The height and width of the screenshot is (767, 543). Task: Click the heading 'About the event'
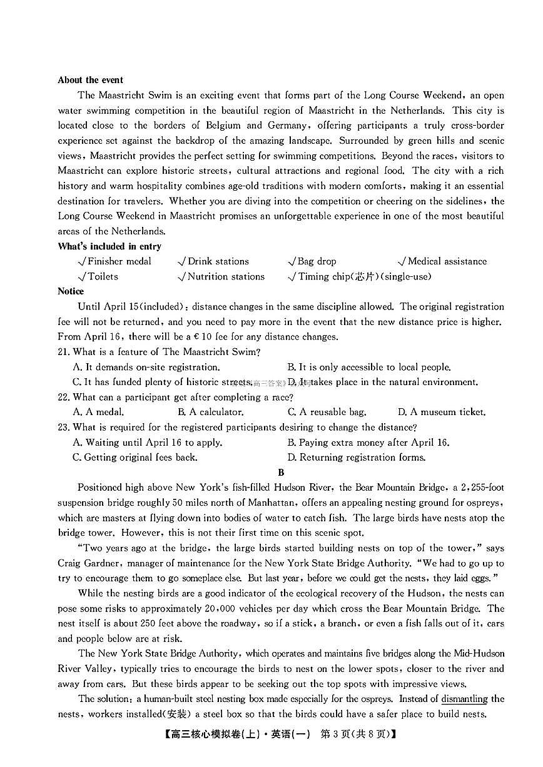(x=90, y=80)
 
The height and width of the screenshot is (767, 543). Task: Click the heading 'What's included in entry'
(x=109, y=246)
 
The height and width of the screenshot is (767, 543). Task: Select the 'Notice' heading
(x=71, y=291)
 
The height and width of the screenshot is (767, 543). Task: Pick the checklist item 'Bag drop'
(x=316, y=261)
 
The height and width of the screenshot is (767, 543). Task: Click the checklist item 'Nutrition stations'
(x=225, y=276)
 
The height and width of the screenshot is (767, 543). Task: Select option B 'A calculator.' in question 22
(x=210, y=412)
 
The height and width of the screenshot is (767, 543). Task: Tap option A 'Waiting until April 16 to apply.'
(x=148, y=443)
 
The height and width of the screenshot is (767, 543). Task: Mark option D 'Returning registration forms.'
(x=356, y=458)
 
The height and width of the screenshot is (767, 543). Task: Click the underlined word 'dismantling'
(x=464, y=699)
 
